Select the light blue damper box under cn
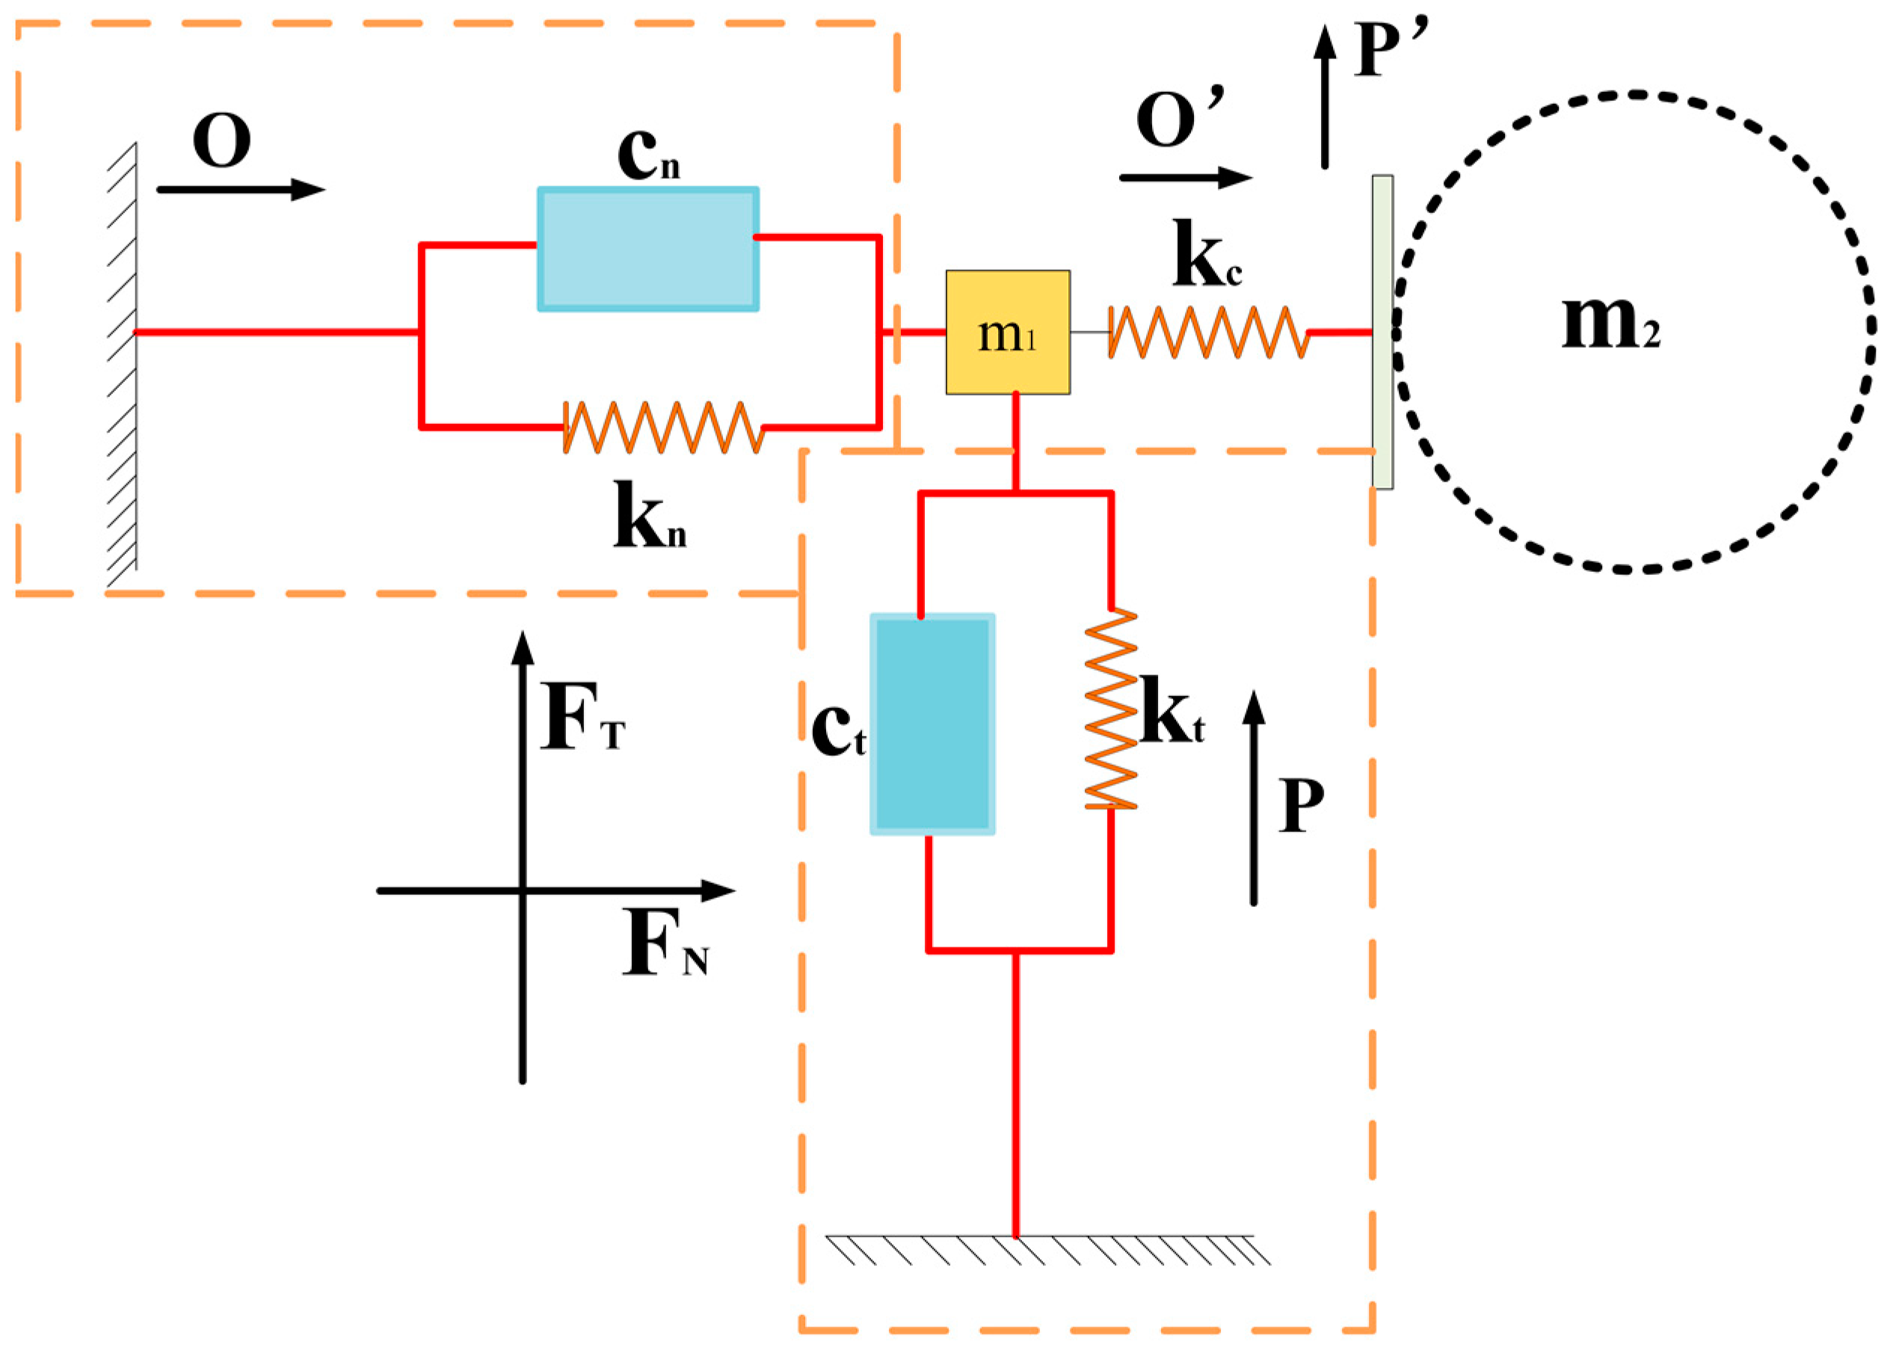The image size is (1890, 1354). (647, 249)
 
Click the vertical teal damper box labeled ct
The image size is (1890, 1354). (932, 724)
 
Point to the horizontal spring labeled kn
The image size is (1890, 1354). (663, 427)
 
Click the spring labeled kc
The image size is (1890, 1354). (1207, 332)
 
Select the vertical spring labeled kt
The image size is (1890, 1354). (1110, 709)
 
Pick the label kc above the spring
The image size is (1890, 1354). (1206, 254)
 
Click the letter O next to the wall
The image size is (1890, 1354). (221, 140)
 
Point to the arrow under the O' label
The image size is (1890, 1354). (1184, 177)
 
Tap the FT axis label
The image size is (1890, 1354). (582, 718)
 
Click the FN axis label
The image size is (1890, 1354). (664, 945)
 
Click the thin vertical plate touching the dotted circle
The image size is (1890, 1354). (1382, 332)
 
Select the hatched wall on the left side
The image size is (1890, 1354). (123, 366)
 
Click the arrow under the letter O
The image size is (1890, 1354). (240, 190)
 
